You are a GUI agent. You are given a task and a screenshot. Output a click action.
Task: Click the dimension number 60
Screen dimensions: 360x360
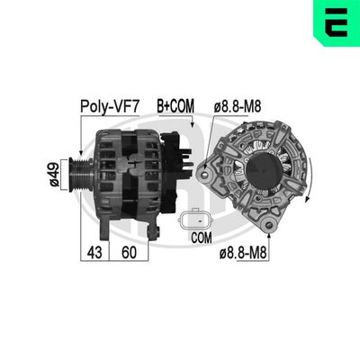[131, 253]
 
